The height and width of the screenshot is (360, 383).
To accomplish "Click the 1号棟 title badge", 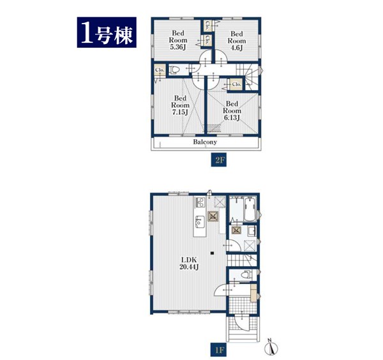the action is point(107,33).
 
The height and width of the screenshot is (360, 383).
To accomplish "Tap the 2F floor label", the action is point(219,160).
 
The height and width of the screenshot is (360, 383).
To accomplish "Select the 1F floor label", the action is point(219,350).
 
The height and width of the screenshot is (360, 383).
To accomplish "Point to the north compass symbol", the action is point(271,347).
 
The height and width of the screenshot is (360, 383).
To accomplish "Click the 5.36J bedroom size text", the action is point(178,47).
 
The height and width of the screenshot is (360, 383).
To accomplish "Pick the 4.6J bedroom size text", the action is point(236,48).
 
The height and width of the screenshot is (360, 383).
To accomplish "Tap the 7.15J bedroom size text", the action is point(180,112).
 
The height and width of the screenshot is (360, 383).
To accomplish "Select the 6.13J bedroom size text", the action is point(232,117).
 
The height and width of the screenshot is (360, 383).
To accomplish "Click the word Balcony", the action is point(205,142).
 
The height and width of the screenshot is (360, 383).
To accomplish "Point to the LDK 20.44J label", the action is point(189,263).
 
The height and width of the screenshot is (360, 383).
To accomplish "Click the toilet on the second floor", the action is point(174,70).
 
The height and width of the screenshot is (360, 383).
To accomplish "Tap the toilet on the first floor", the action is point(246,274).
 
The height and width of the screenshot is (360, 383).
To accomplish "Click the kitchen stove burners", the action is point(200,202).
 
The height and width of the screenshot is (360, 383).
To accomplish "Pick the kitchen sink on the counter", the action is point(200,221).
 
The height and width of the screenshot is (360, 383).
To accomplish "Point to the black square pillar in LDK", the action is point(212,253).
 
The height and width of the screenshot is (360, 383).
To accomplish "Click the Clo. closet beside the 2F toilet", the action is point(160,70).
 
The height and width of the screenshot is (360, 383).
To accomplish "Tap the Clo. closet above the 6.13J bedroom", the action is point(236,84).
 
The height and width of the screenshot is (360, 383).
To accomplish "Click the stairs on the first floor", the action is point(242,260).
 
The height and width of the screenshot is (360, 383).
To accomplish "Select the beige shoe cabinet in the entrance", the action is point(254,292).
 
